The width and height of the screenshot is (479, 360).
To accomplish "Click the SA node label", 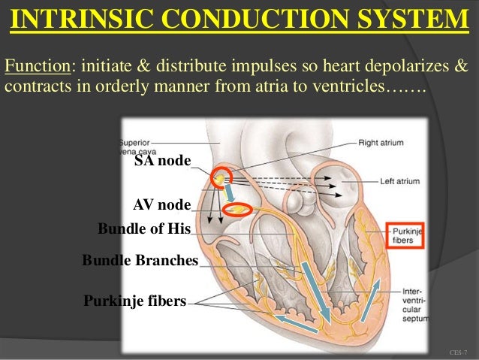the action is click(162, 161).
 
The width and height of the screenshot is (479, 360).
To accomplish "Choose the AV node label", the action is click(161, 204).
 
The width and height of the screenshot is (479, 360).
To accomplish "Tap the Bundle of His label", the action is click(144, 228).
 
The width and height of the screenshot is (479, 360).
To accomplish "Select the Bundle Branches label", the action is click(140, 261).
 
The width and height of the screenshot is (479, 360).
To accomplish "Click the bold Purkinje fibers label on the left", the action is click(134, 301).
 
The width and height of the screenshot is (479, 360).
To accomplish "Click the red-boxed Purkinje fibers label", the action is click(405, 236).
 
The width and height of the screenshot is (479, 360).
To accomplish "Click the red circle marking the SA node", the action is click(220, 177).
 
